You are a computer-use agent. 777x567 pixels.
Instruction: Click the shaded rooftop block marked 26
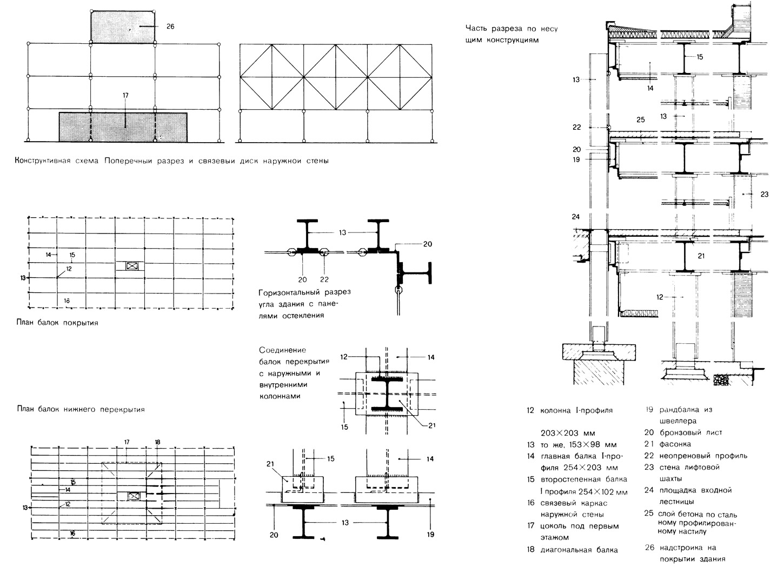[x=124, y=25]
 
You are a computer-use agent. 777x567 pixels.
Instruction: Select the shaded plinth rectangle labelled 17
[x=123, y=127]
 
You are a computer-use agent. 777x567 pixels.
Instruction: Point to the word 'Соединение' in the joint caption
[x=283, y=350]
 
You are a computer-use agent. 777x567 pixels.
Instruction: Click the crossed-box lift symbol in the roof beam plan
[x=131, y=266]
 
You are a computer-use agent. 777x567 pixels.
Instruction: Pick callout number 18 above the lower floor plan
[x=157, y=442]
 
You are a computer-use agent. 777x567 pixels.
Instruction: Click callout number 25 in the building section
[x=641, y=119]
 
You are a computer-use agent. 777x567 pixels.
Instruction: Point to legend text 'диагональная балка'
[x=579, y=550]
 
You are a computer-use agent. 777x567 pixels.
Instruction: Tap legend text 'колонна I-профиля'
[x=576, y=410]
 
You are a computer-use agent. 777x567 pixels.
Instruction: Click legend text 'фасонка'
[x=675, y=444]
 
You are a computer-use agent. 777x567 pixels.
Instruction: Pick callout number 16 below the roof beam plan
[x=67, y=301]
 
